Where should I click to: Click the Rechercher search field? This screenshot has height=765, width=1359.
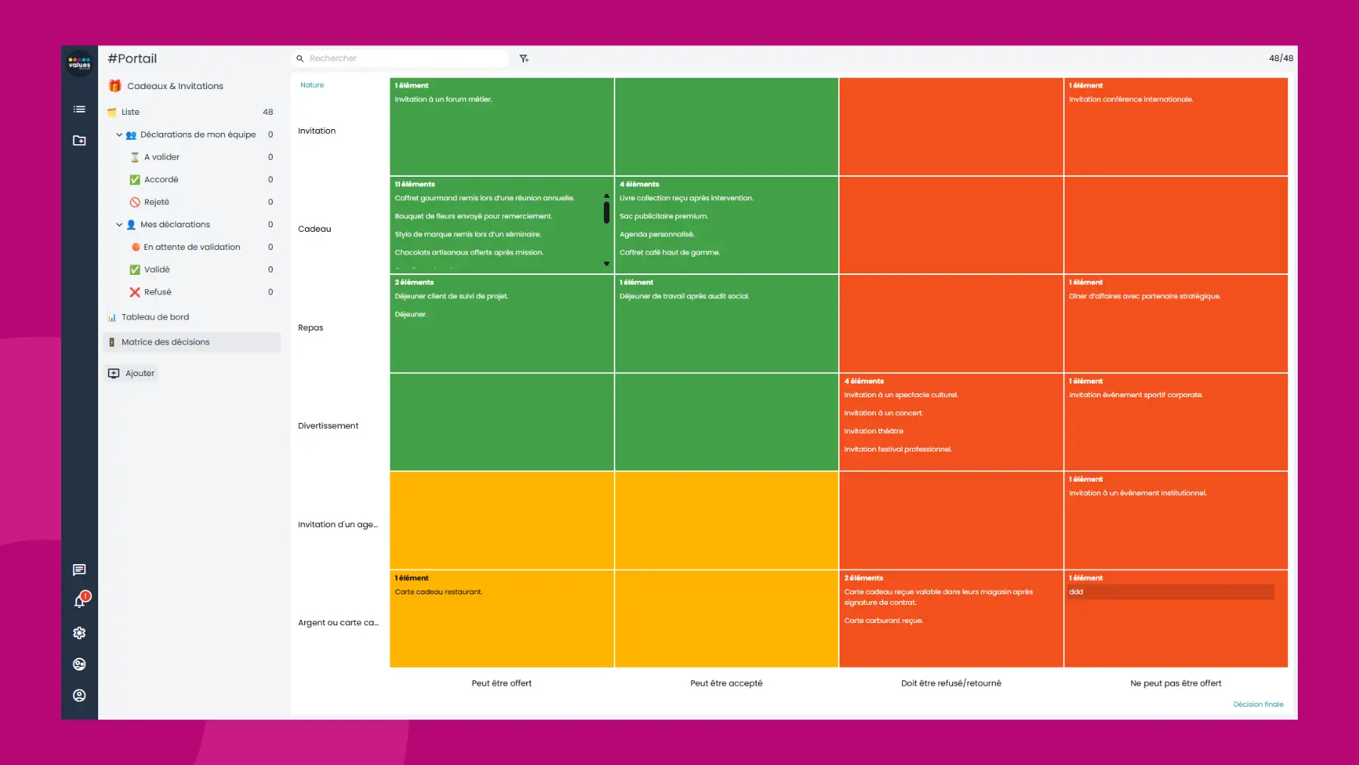click(400, 58)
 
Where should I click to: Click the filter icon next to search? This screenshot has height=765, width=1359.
click(524, 58)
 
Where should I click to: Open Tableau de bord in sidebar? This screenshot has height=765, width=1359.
click(155, 317)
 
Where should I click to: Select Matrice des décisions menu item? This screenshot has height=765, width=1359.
click(165, 342)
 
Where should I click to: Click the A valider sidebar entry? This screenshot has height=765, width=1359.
click(162, 157)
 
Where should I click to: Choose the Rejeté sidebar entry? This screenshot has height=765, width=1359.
click(156, 202)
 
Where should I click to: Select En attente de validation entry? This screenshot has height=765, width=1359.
click(192, 247)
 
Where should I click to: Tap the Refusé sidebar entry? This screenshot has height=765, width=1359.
click(157, 292)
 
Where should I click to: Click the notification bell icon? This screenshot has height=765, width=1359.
click(79, 601)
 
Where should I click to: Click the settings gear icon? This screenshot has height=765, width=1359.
click(79, 633)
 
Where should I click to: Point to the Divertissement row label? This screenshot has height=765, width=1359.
click(328, 426)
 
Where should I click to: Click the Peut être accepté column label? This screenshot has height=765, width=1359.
click(726, 683)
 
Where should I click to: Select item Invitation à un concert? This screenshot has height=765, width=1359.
click(883, 413)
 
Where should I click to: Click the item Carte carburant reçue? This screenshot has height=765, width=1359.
click(883, 621)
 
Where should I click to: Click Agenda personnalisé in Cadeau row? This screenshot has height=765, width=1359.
click(656, 234)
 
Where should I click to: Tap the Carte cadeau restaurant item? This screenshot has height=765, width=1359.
click(438, 592)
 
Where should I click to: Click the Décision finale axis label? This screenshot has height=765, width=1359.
click(1258, 705)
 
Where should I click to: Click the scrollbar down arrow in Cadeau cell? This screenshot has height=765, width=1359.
click(606, 264)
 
